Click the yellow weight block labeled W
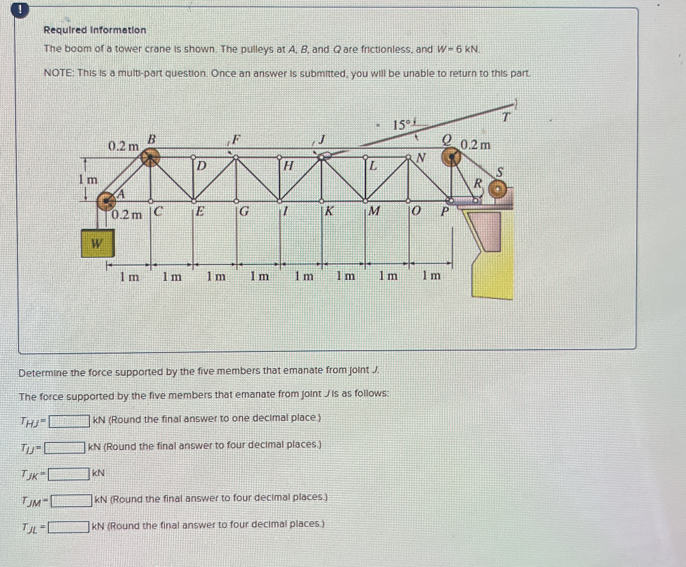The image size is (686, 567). (x=98, y=243)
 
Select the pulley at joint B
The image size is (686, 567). (x=150, y=157)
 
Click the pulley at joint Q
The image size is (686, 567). (x=451, y=157)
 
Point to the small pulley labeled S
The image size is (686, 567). (x=497, y=189)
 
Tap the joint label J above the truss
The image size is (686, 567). (x=322, y=140)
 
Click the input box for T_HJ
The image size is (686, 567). (x=69, y=421)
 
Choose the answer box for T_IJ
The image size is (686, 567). (x=65, y=448)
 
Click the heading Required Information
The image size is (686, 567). (x=95, y=30)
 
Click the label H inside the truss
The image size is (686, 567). (x=287, y=166)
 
